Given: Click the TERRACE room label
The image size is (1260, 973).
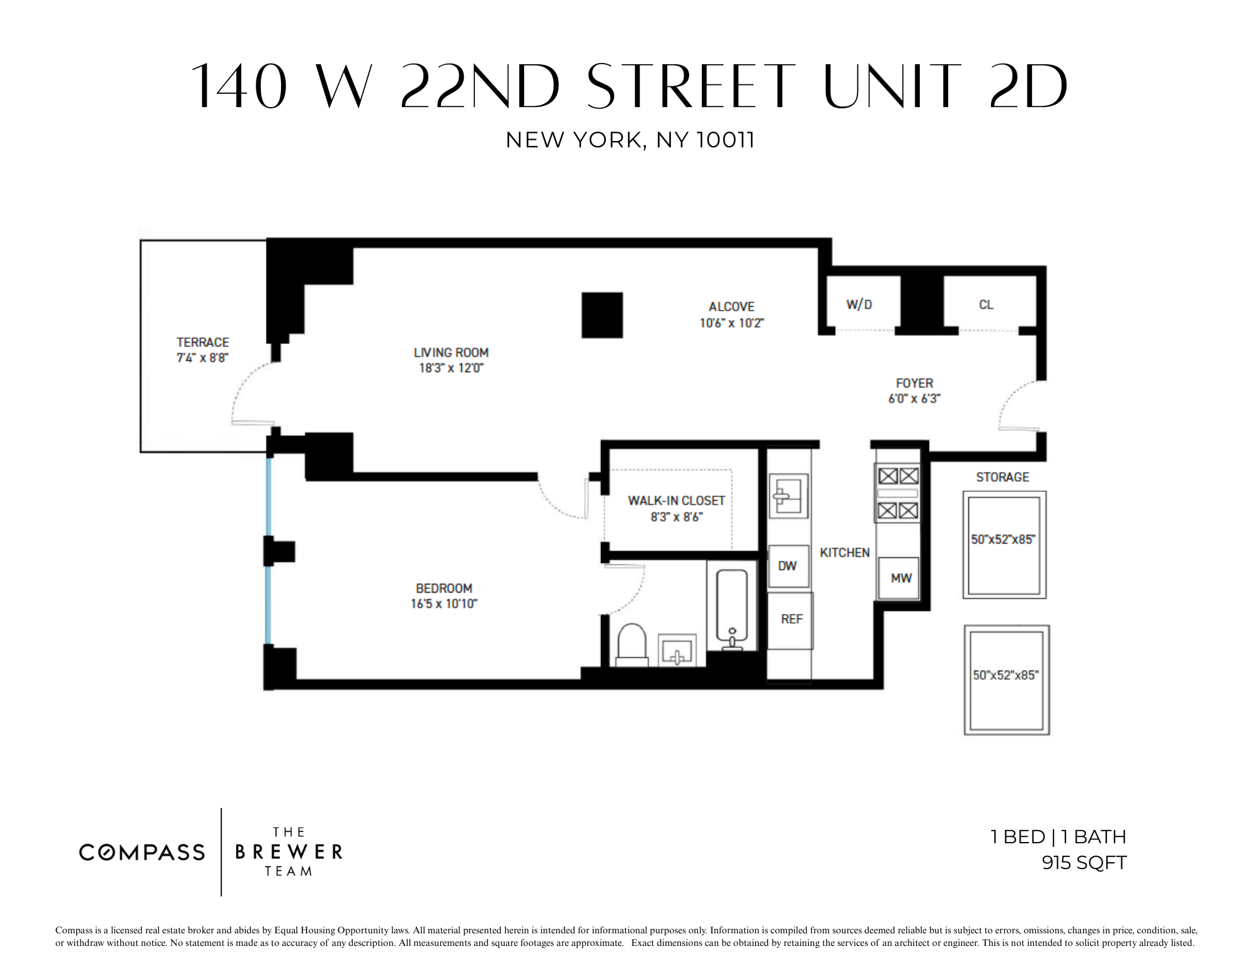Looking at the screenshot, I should (x=202, y=343).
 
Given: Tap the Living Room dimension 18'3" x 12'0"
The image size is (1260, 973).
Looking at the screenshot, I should (x=451, y=368).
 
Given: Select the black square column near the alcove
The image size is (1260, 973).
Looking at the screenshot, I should (x=602, y=315).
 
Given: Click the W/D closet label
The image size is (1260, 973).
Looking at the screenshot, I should (x=859, y=305).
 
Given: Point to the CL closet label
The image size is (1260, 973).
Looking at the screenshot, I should (x=986, y=305).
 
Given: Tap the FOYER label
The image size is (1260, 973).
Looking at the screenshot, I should (x=914, y=383).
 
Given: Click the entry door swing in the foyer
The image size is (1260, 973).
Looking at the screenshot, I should (x=1016, y=406).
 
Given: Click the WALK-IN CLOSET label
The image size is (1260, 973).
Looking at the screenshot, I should (x=676, y=501).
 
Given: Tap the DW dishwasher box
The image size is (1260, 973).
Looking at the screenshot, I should (x=787, y=566).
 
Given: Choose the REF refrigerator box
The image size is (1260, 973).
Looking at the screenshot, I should (x=791, y=620).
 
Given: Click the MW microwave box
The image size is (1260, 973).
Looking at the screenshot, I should (x=900, y=578).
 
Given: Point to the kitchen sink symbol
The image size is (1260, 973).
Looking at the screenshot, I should (x=787, y=496).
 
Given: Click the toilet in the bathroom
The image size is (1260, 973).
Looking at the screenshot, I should (x=631, y=644).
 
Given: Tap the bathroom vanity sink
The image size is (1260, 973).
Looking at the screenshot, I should (x=677, y=650).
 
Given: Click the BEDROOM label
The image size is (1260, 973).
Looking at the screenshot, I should (x=444, y=588).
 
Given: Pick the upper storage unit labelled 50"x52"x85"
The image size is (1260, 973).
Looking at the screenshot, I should (x=1004, y=545).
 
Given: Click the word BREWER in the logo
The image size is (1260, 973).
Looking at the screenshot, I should (x=289, y=852).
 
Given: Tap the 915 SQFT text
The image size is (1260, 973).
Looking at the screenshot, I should (x=1084, y=863).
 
